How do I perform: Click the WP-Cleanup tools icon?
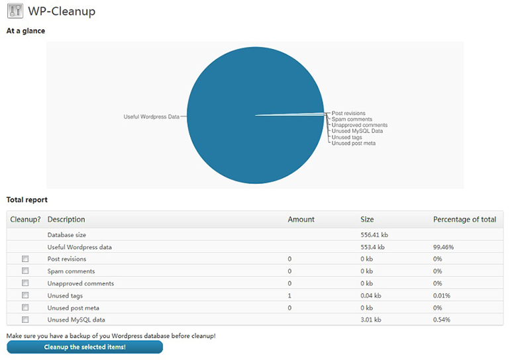click(15, 11)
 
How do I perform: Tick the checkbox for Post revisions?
click(25, 259)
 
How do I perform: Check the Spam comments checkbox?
click(25, 271)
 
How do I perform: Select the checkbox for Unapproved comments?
click(25, 283)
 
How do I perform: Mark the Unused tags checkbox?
click(25, 295)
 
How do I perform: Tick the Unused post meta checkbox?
click(25, 307)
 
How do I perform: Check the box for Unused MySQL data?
click(25, 320)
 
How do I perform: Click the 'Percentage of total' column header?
click(464, 220)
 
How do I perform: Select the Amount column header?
click(301, 220)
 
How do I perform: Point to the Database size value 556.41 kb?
click(374, 234)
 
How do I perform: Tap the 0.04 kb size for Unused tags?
click(370, 295)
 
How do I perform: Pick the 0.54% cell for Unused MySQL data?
click(441, 320)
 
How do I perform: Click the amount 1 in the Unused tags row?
click(289, 295)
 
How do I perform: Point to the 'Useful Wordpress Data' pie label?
click(151, 116)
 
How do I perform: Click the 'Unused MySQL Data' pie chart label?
click(357, 131)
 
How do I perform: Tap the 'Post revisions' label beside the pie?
click(348, 113)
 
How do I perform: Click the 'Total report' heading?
click(27, 200)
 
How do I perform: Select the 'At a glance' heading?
click(26, 31)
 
